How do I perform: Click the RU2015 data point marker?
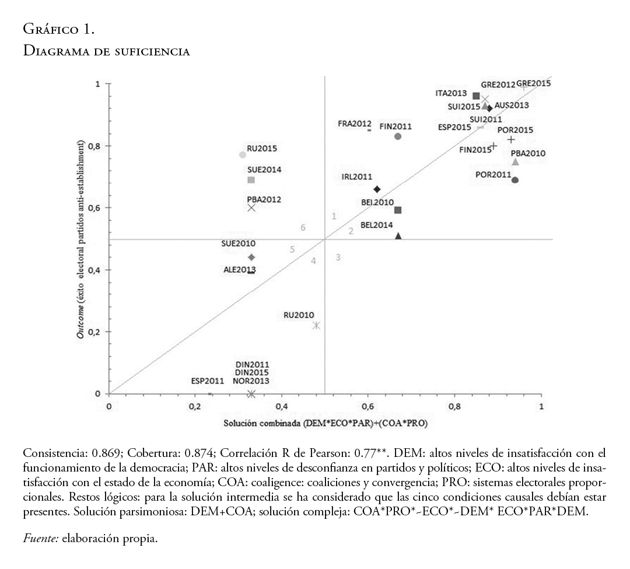[243, 155]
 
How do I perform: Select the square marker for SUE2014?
[251, 180]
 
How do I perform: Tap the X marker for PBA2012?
[251, 207]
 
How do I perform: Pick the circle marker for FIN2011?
[398, 136]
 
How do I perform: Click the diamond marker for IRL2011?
[377, 189]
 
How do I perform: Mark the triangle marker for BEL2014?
[398, 236]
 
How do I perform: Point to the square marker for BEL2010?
[398, 210]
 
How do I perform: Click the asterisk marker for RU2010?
[316, 325]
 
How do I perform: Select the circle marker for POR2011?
[515, 180]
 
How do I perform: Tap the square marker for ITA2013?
[476, 96]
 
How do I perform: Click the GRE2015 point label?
[534, 83]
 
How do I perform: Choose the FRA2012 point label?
[355, 124]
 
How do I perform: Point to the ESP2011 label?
[208, 381]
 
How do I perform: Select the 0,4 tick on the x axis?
[282, 406]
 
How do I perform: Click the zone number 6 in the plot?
[303, 228]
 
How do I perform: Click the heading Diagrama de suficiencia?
[106, 51]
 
